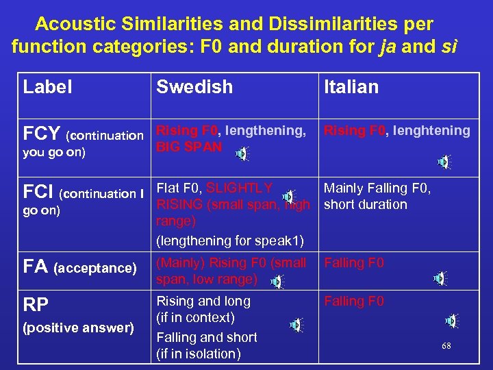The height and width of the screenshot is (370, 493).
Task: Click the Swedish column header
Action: pos(194,87)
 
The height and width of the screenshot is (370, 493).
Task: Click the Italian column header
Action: pos(351,87)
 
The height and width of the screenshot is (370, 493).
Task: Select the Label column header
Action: pos(47,87)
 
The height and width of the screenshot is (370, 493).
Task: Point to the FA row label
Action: pos(36,266)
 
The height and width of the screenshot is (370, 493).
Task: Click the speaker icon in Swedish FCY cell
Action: pos(242,154)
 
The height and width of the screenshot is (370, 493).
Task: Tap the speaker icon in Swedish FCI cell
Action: pos(290,197)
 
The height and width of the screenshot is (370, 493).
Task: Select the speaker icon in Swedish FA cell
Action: pos(277,282)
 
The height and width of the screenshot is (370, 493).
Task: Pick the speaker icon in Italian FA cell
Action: pos(440,279)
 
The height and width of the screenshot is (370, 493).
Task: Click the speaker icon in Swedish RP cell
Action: pos(296,324)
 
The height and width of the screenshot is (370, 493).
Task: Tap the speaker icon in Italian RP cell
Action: pos(451,321)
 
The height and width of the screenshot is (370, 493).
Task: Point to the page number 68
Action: pos(446,346)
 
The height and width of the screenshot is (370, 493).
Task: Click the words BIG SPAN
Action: pos(189,147)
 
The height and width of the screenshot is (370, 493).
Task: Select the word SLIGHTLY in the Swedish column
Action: pos(240,188)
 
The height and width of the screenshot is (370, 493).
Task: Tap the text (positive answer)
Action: pos(78,328)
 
